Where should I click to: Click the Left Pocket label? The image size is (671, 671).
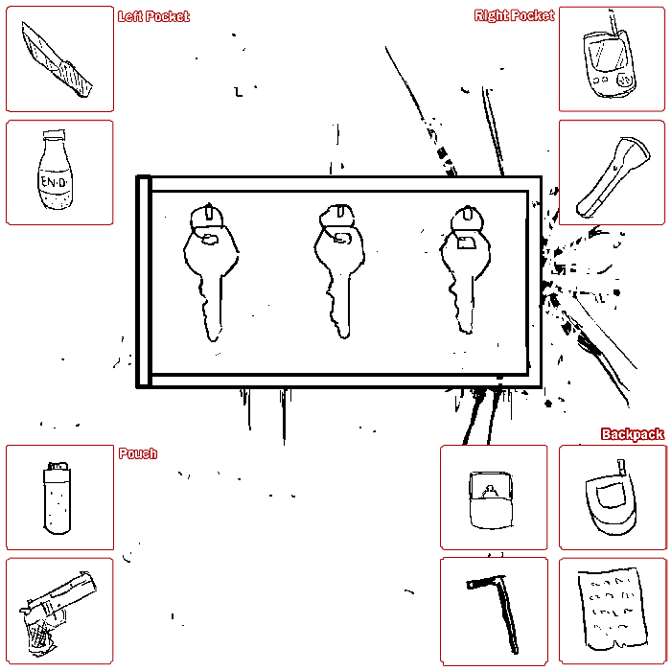click(153, 16)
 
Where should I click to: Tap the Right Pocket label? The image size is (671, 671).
click(514, 15)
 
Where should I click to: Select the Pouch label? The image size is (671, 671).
click(138, 453)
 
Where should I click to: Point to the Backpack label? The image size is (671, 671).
click(633, 434)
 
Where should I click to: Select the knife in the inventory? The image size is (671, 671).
click(57, 59)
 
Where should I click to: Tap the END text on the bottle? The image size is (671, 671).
click(55, 183)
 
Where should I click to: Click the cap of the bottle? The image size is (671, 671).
click(55, 136)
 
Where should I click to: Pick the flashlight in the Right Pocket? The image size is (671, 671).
click(613, 176)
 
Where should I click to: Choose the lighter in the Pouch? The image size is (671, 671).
click(58, 498)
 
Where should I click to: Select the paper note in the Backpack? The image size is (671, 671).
click(612, 609)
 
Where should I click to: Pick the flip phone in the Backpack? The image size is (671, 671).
click(612, 498)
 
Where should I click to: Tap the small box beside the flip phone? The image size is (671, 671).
click(491, 499)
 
